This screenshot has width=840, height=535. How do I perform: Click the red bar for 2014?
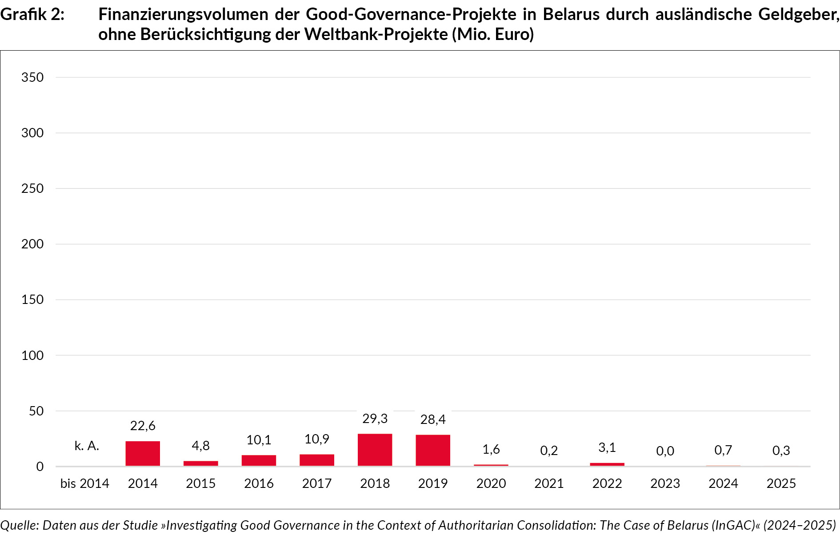(143, 453)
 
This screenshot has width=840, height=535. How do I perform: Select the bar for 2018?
(375, 450)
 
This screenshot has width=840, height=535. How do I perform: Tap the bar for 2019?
(433, 450)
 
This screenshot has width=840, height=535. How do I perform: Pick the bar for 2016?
(259, 460)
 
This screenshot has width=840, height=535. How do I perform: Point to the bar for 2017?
(317, 460)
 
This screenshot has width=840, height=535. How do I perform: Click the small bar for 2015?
(201, 463)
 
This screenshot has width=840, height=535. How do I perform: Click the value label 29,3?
(375, 419)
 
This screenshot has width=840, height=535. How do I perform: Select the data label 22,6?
(143, 426)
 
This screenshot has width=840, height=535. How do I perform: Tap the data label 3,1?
(607, 447)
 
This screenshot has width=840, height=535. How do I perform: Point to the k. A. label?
(87, 446)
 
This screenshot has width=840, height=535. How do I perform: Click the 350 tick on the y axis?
(32, 77)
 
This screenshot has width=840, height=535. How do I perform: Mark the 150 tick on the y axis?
(32, 299)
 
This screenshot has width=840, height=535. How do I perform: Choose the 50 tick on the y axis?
(36, 411)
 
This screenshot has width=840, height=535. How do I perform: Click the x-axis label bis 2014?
(84, 483)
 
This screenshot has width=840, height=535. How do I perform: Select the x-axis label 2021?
(549, 483)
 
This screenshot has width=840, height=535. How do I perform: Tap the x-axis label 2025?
(781, 483)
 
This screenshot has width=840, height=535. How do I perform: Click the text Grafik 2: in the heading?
(32, 15)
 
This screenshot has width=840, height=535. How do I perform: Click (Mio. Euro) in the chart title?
(493, 34)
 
